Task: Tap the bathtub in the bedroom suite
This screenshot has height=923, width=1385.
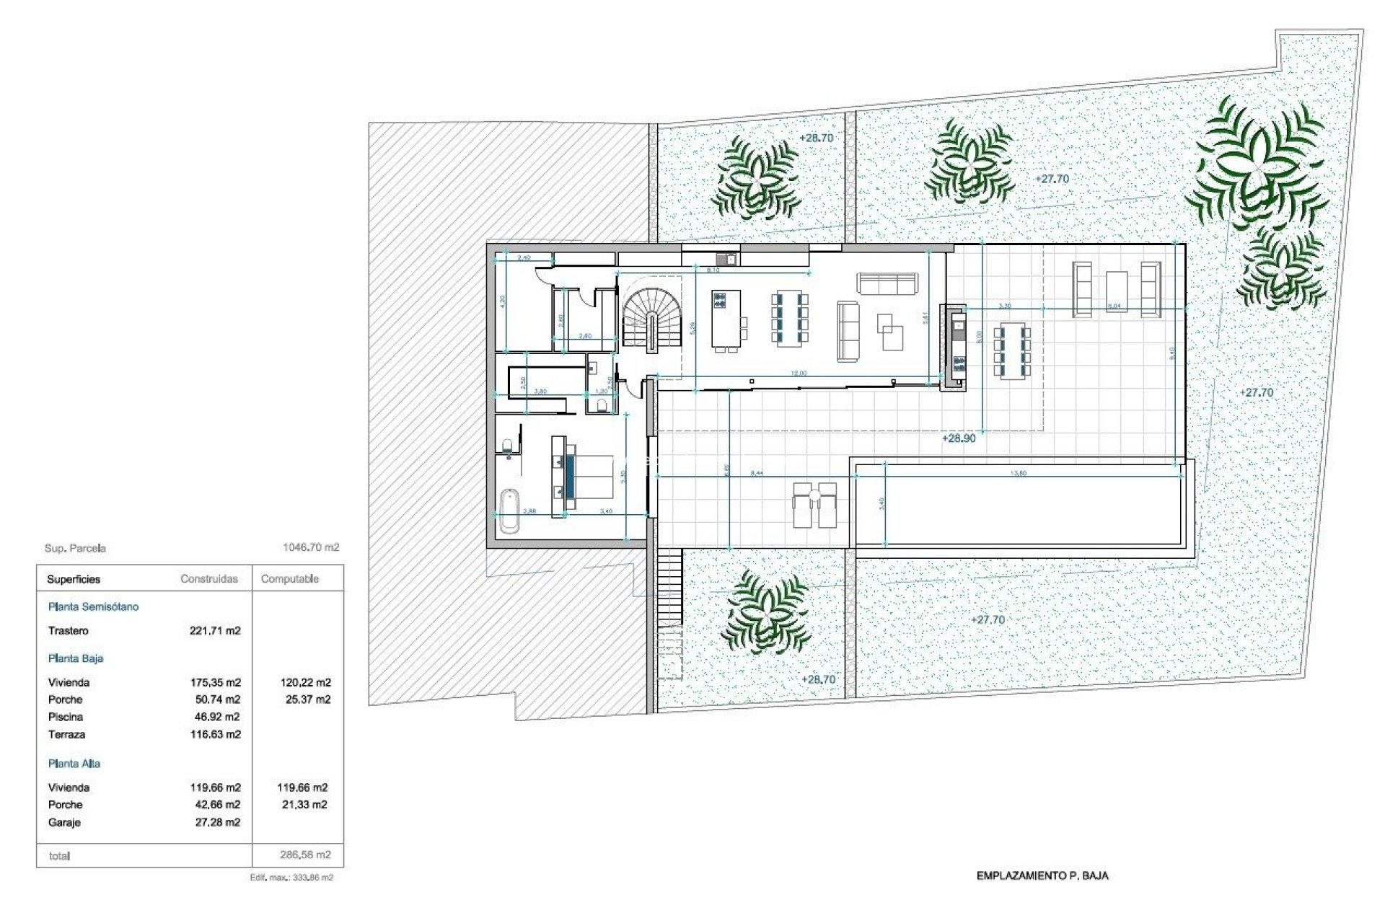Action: pyautogui.click(x=509, y=511)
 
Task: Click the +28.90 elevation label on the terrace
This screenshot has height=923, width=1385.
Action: pyautogui.click(x=959, y=438)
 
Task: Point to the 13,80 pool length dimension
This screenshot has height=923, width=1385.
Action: pyautogui.click(x=1019, y=474)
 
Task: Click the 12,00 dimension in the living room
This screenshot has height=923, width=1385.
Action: pyautogui.click(x=799, y=374)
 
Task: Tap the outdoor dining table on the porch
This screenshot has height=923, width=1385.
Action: pyautogui.click(x=1012, y=353)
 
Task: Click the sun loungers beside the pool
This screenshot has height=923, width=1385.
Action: pyautogui.click(x=815, y=505)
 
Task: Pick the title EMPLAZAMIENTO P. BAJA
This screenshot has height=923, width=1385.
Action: pyautogui.click(x=1042, y=876)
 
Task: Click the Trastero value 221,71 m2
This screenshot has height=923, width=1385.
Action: pyautogui.click(x=215, y=631)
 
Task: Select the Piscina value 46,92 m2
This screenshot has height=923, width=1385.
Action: pyautogui.click(x=215, y=717)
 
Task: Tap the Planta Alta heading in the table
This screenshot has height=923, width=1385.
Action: pyautogui.click(x=74, y=764)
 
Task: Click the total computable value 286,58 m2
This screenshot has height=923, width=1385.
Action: pyautogui.click(x=305, y=855)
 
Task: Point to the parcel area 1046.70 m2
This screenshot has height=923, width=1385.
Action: pyautogui.click(x=311, y=548)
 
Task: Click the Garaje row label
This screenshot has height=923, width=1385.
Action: pyautogui.click(x=64, y=823)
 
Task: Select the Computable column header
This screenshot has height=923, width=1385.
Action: pyautogui.click(x=289, y=579)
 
